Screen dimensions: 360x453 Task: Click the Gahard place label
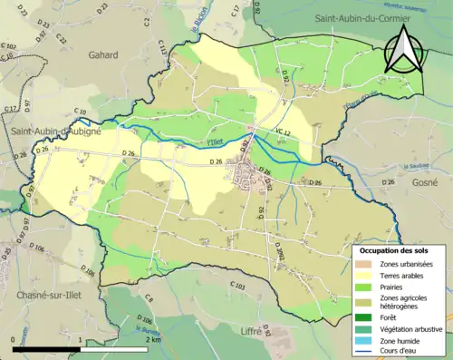pyautogui.click(x=102, y=54)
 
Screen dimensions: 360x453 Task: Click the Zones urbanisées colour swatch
pyautogui.click(x=364, y=264)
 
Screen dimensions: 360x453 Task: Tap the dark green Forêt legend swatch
pyautogui.click(x=364, y=316)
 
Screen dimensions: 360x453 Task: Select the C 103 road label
pyautogui.click(x=238, y=287)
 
